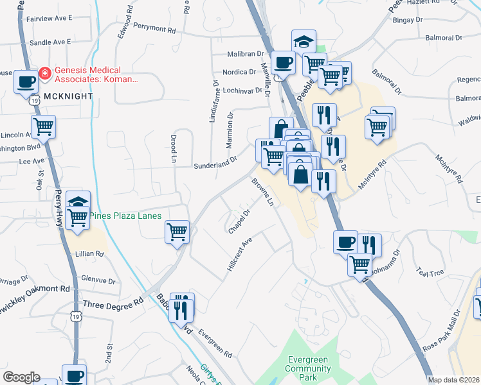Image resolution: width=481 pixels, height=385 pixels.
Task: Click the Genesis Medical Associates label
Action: coord(96,74)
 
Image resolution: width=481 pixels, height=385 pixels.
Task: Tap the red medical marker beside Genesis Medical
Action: coord(45,73)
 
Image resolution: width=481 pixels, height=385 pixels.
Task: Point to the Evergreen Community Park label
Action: coord(308,364)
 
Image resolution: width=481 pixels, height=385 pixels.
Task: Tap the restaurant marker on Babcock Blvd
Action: coord(181,307)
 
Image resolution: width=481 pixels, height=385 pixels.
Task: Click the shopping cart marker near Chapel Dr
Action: coord(177,232)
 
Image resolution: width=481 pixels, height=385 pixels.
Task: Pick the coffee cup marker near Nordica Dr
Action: coord(282,63)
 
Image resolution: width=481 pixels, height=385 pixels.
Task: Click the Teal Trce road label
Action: coord(430,272)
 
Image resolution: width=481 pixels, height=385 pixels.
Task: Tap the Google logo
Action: coord(21,377)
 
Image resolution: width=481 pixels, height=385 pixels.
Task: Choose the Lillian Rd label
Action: coord(91,254)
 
